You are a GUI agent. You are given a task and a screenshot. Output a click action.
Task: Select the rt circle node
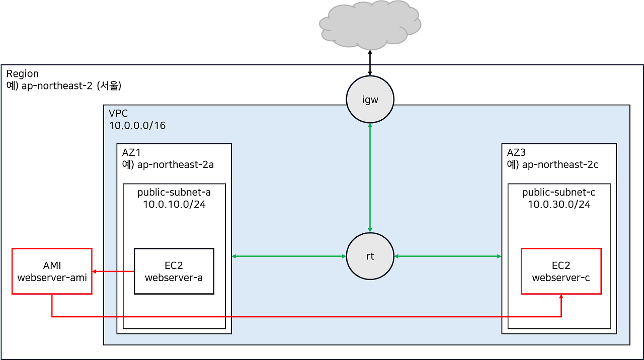pyautogui.click(x=370, y=256)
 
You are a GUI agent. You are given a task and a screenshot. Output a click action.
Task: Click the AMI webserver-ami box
pyautogui.click(x=52, y=271)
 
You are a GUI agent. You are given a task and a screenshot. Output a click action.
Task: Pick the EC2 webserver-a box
pyautogui.click(x=174, y=271)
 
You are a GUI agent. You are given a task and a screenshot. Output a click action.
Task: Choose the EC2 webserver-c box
pyautogui.click(x=561, y=271)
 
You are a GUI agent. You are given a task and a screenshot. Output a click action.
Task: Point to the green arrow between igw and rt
pyautogui.click(x=370, y=178)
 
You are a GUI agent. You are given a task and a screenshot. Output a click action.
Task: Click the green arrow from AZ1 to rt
pyautogui.click(x=289, y=256)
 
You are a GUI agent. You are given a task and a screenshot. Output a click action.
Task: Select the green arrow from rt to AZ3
pyautogui.click(x=448, y=256)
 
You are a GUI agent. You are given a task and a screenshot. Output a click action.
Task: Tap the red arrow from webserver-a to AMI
pyautogui.click(x=113, y=272)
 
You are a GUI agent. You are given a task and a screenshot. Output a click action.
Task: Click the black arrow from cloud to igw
pyautogui.click(x=370, y=69)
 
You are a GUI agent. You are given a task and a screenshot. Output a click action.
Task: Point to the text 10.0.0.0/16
pyautogui.click(x=137, y=125)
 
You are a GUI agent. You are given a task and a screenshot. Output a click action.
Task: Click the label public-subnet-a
pyautogui.click(x=174, y=193)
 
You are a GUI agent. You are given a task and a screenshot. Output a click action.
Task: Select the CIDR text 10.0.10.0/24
pyautogui.click(x=174, y=205)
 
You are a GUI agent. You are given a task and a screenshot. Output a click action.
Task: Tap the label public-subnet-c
pyautogui.click(x=559, y=193)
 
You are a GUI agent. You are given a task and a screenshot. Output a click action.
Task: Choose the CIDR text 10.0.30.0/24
pyautogui.click(x=559, y=205)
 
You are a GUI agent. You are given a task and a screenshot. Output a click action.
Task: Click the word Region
pyautogui.click(x=23, y=74)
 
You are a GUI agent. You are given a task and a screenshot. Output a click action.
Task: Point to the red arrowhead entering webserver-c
pyautogui.click(x=561, y=298)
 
